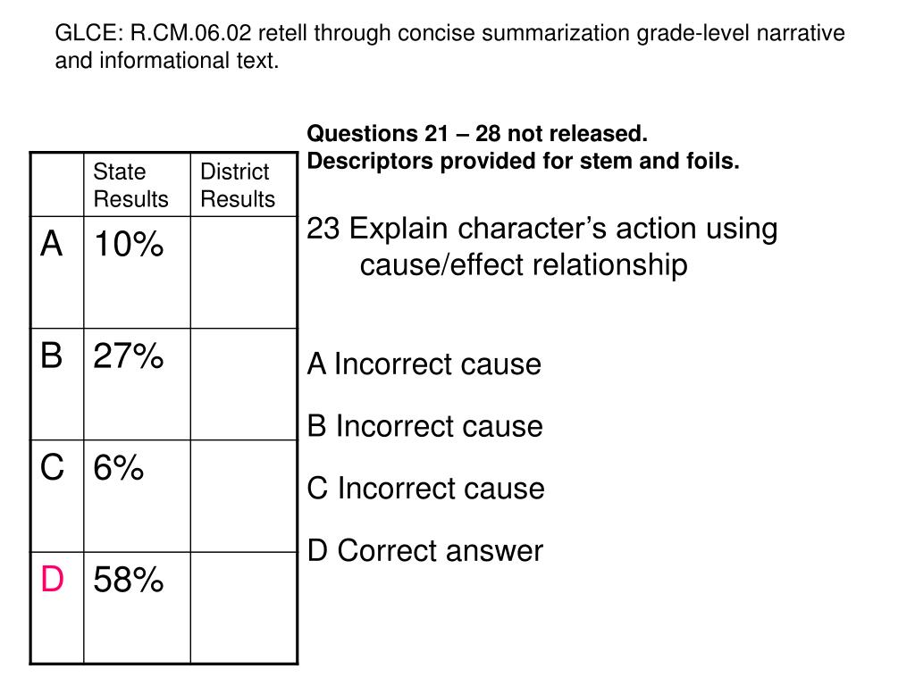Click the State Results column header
(130, 185)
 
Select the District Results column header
(237, 185)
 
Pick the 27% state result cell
(129, 356)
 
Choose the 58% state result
(129, 580)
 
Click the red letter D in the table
(52, 580)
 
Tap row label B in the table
(52, 356)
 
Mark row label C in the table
(52, 466)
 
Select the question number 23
(323, 229)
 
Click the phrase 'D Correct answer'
(424, 550)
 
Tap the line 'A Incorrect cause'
(424, 364)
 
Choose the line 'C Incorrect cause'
(425, 489)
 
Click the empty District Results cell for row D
(243, 607)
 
